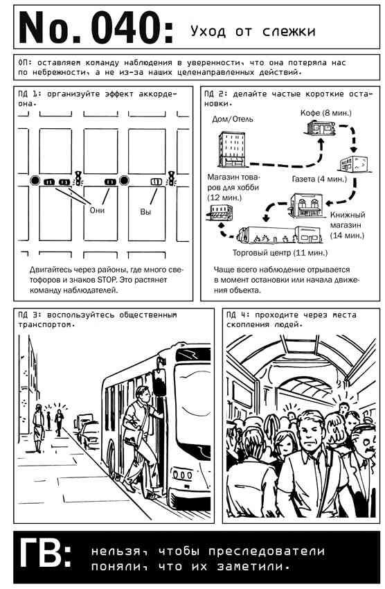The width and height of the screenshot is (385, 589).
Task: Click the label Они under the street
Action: pyautogui.click(x=97, y=210)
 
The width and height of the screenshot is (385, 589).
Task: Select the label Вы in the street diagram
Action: pyautogui.click(x=145, y=211)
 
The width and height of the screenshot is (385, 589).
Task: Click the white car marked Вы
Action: pyautogui.click(x=156, y=182)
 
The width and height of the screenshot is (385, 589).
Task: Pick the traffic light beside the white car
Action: pyautogui.click(x=172, y=178)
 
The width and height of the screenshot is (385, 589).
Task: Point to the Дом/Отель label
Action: pyautogui.click(x=233, y=119)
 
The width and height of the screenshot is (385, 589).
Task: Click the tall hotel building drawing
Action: pyautogui.click(x=232, y=149)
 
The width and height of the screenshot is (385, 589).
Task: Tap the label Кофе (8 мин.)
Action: pyautogui.click(x=325, y=113)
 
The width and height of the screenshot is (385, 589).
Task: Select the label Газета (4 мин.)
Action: pyautogui.click(x=319, y=179)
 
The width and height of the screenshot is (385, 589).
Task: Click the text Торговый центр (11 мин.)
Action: pyautogui.click(x=280, y=252)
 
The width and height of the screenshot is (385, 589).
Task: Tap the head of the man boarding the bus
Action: pyautogui.click(x=142, y=394)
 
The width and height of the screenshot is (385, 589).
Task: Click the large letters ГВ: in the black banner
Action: pyautogui.click(x=46, y=553)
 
